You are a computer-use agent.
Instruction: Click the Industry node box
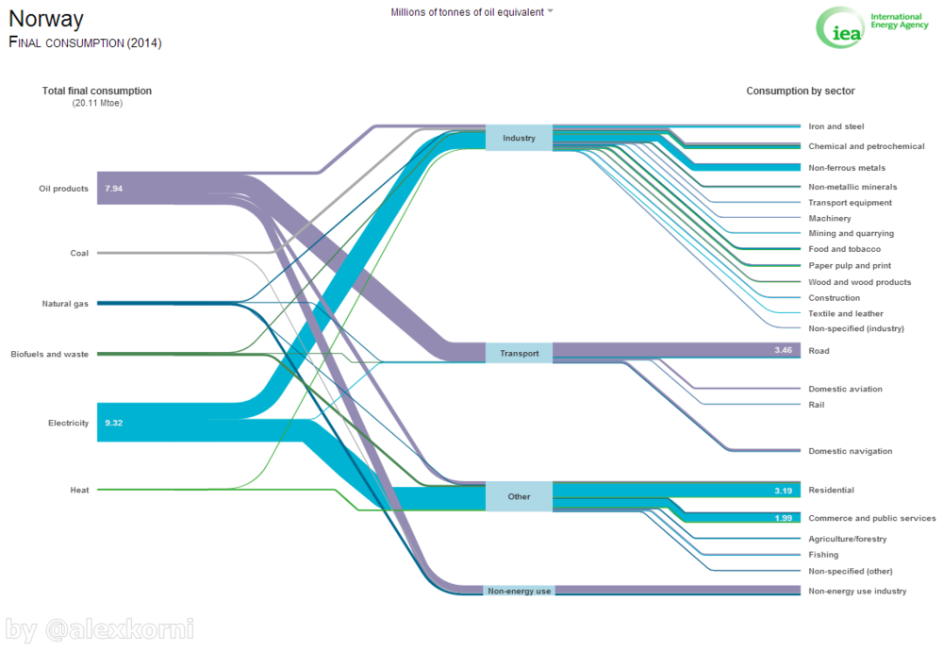tap(519, 138)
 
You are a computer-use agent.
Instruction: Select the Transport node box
tap(519, 353)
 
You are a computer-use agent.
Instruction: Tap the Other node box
tap(519, 496)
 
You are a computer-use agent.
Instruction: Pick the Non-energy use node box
tap(519, 591)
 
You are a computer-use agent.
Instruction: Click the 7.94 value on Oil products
tap(114, 189)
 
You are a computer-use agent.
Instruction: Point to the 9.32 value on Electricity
tap(114, 423)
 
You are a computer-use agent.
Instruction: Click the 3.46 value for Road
tap(783, 350)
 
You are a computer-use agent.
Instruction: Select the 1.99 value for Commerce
tap(783, 518)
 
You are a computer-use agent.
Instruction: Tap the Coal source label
tap(79, 253)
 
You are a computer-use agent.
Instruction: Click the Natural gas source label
tap(65, 304)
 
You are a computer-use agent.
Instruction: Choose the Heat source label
tap(79, 490)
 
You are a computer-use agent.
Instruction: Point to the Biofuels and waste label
tap(49, 354)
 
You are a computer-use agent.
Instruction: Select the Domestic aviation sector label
tap(845, 389)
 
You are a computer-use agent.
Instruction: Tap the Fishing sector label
tap(823, 555)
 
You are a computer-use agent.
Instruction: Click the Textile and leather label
tap(846, 313)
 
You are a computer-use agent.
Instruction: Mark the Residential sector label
tap(831, 491)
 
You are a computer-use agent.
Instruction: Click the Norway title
tap(46, 19)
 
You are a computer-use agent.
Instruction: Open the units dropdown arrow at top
tap(551, 12)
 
